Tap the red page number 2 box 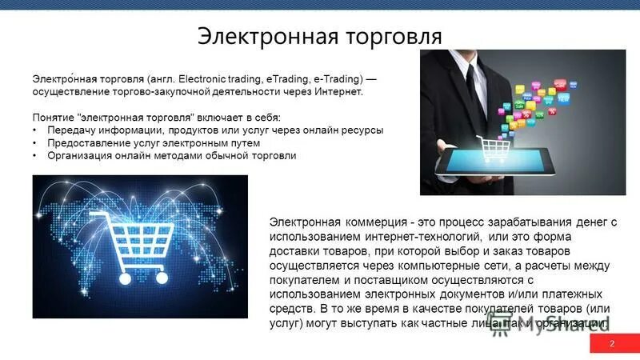[x=612, y=344]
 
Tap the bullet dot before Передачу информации [x=35, y=130]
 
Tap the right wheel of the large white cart [x=161, y=278]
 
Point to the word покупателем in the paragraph [x=307, y=280]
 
